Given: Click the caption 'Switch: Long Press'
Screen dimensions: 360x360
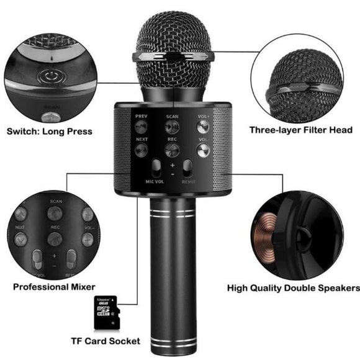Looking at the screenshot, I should tap(49, 131).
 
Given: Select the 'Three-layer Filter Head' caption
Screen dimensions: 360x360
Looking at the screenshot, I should tap(301, 130).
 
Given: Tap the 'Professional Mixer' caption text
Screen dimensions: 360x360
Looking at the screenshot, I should tap(54, 287).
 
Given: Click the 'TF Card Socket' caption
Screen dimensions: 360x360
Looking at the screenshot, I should tap(105, 341).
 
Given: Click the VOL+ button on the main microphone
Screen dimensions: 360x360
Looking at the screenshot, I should tap(203, 126).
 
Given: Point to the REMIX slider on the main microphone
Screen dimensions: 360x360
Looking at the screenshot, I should tap(188, 169).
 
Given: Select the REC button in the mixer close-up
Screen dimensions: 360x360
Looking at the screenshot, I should tap(55, 238).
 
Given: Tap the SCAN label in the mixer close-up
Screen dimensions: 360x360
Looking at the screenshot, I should tap(56, 202).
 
